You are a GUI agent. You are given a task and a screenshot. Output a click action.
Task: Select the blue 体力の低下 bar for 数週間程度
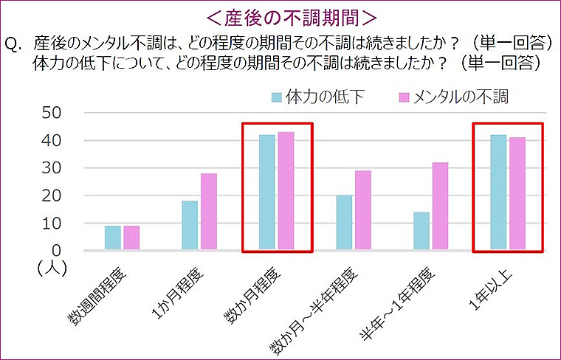click(112, 238)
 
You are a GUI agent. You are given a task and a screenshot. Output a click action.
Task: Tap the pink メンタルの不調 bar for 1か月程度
click(208, 212)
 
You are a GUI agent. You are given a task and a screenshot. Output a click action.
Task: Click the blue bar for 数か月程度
click(266, 193)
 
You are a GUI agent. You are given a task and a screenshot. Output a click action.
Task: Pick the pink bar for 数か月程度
click(286, 192)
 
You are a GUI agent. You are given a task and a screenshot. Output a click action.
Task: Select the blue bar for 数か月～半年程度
click(344, 224)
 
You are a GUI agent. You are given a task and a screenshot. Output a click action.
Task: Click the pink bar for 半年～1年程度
click(440, 207)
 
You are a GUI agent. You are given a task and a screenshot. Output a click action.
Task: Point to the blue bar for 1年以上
click(497, 193)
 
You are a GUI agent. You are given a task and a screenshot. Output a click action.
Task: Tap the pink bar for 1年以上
click(516, 195)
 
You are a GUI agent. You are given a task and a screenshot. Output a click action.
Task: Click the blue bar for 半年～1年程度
click(421, 232)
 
